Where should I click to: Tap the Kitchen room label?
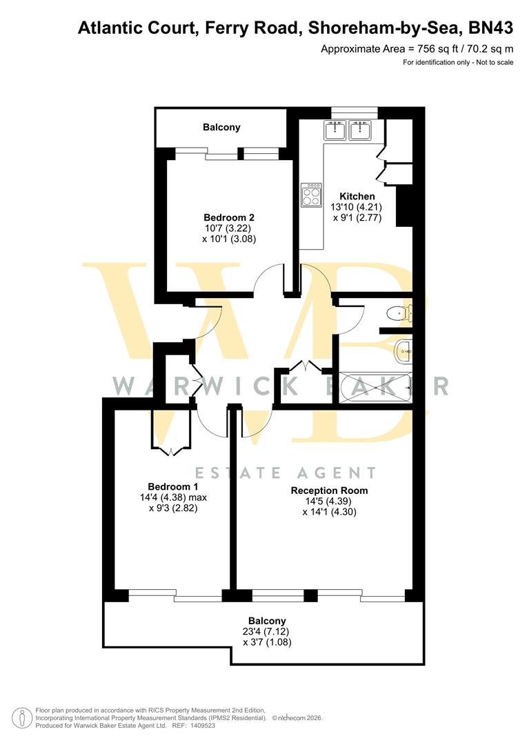(357, 197)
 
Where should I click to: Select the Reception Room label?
(329, 490)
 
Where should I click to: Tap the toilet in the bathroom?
(397, 314)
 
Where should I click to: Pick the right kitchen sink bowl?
(361, 130)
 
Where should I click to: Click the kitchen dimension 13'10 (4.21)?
(357, 208)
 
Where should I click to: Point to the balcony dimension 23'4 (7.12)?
(267, 631)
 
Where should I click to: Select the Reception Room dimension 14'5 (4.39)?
(329, 501)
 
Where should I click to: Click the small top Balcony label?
(221, 127)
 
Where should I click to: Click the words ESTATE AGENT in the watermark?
(285, 473)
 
